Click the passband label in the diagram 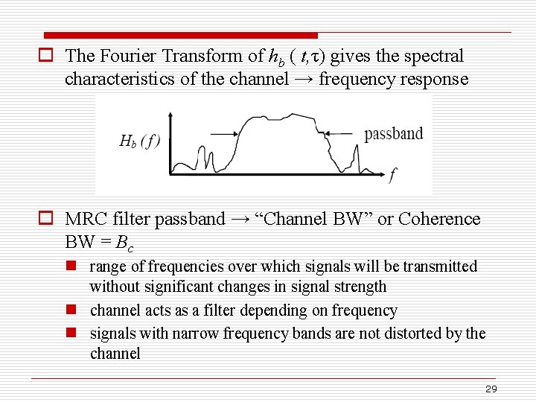(393, 134)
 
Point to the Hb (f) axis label (140, 141)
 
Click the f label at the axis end (392, 176)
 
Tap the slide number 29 (491, 389)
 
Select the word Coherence (439, 219)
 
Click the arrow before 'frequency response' (304, 79)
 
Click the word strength (359, 287)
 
